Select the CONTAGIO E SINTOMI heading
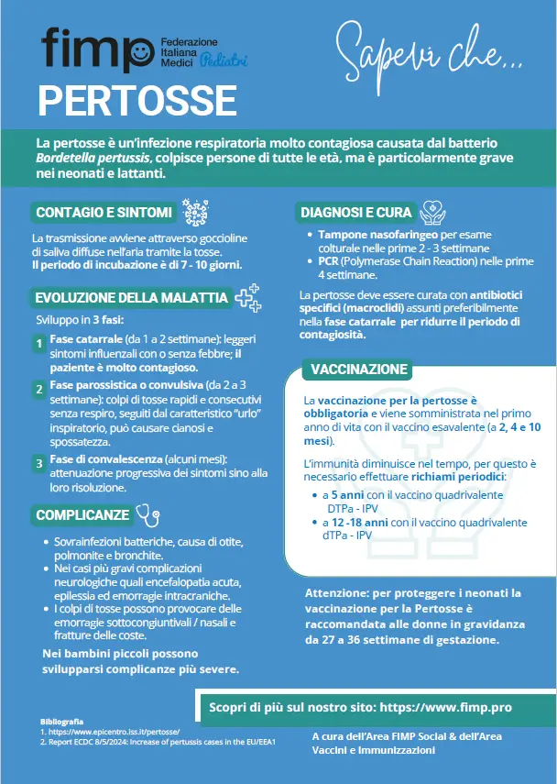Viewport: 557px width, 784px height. tap(104, 213)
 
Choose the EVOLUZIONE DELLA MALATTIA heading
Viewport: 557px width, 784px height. tap(131, 298)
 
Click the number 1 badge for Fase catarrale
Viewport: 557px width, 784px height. tap(38, 344)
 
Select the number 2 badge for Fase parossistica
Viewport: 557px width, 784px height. tap(38, 390)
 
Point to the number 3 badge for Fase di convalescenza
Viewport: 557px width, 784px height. tap(38, 464)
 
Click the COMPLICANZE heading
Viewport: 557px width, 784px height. tap(82, 515)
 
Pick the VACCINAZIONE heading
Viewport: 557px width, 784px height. tap(358, 370)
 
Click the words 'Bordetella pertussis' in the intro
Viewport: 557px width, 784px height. tap(91, 159)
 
